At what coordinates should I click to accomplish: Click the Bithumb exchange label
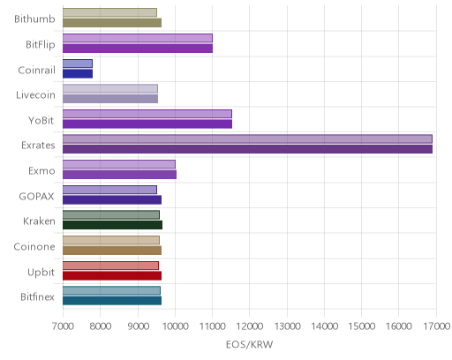pos(34,19)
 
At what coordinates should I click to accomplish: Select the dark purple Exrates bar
pos(247,149)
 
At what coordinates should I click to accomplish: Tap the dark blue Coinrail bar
pos(78,73)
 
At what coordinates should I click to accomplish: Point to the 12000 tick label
pos(249,326)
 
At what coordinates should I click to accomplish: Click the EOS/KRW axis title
pos(249,344)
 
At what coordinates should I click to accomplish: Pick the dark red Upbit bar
pos(112,276)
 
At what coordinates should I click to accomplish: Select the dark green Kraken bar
pos(112,225)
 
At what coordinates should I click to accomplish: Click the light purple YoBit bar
pos(147,114)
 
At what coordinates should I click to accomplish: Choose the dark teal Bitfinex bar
pos(112,301)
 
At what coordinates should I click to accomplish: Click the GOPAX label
pos(37,197)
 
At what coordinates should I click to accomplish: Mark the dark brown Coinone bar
pos(112,251)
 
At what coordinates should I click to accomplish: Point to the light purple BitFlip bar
pos(138,38)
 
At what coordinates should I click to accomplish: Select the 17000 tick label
pos(437,326)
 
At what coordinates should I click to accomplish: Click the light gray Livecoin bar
pos(110,89)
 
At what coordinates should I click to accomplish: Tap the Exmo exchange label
pos(41,171)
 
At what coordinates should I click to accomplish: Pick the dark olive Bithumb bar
pos(112,23)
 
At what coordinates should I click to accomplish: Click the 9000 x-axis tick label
pos(138,326)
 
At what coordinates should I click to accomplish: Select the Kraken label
pos(39,221)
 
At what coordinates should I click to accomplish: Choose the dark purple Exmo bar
pos(119,175)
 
